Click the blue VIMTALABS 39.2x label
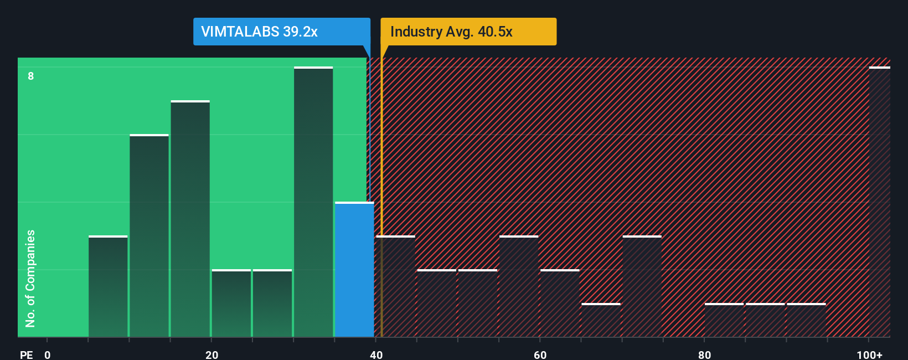281,32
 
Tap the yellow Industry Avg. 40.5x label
468,32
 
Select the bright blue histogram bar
354,270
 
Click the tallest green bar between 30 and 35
313,202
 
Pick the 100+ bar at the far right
879,202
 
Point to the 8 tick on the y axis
31,76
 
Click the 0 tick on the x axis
48,354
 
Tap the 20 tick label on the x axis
211,354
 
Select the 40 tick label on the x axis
376,354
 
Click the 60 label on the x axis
540,354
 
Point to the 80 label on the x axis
704,354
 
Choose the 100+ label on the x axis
869,354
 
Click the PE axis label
26,354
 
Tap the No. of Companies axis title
30,278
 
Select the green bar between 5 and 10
108,287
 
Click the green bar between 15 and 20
190,219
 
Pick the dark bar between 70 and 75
642,287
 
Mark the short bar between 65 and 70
601,320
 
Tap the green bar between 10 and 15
149,236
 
